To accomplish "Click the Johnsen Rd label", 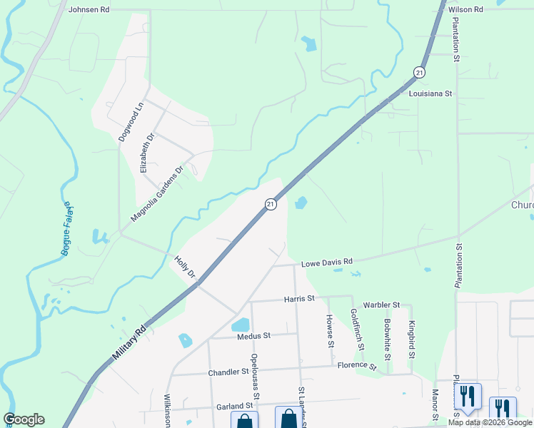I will (x=89, y=10).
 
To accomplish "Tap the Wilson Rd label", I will (x=465, y=9).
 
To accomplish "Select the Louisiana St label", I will (x=430, y=93).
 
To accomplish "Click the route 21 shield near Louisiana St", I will (x=419, y=72).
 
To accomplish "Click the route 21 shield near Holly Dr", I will (x=271, y=204).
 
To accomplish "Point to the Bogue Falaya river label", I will (x=67, y=229).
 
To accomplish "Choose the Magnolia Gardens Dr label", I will (x=157, y=194).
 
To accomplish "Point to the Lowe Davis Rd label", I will (x=328, y=263).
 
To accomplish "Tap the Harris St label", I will (x=299, y=298).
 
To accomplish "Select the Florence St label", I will (x=357, y=365).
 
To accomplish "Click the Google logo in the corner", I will (x=24, y=419).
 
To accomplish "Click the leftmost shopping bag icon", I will (x=244, y=422).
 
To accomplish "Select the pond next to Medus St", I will (x=241, y=325).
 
